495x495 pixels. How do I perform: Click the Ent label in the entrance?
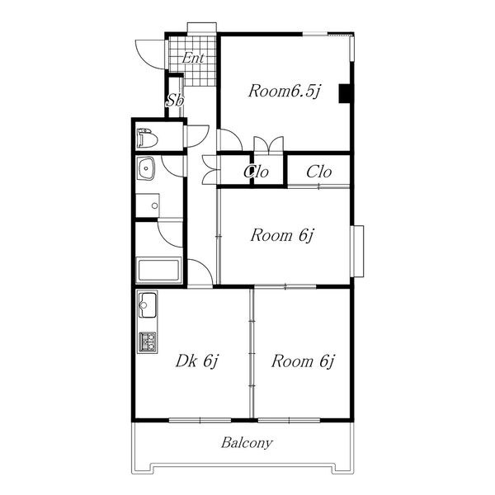[x=193, y=58]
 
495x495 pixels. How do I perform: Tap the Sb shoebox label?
[x=175, y=100]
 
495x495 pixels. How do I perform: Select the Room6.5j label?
[x=285, y=92]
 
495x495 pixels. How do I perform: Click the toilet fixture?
[x=147, y=138]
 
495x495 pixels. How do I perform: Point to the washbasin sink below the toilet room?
[x=145, y=168]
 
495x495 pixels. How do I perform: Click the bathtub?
[x=159, y=270]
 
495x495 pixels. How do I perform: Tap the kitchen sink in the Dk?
[x=148, y=304]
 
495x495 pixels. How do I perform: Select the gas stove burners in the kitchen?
[x=148, y=342]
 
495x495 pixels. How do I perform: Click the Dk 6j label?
[x=197, y=361]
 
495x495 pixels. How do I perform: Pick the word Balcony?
[x=247, y=442]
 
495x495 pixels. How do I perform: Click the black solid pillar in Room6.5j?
[x=344, y=93]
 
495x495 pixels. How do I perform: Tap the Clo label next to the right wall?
[x=318, y=172]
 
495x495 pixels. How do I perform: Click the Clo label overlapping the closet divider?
[x=256, y=172]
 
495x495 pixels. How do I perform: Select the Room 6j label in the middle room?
[x=282, y=235]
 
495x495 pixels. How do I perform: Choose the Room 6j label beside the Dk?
[x=303, y=361]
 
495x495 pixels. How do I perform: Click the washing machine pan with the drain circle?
[x=148, y=205]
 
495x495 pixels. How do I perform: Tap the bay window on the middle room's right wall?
[x=357, y=252]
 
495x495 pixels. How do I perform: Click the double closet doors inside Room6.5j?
[x=269, y=144]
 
